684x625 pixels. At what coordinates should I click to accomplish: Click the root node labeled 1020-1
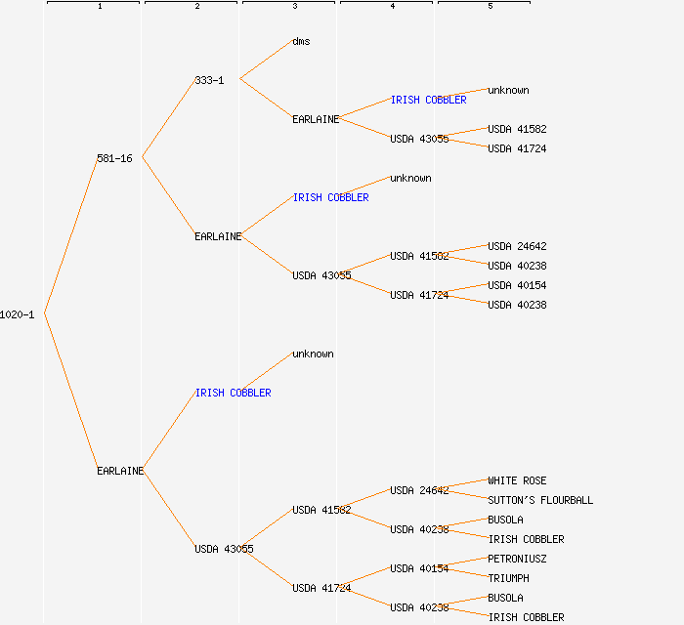click(18, 314)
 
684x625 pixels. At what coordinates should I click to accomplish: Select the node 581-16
click(114, 158)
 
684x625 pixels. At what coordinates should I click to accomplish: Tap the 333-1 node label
click(209, 80)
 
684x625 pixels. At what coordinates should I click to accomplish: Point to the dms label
click(301, 41)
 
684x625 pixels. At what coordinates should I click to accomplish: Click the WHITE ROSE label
click(517, 480)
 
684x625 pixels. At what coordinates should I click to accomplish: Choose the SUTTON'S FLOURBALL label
click(540, 500)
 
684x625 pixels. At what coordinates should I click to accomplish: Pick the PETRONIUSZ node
click(517, 559)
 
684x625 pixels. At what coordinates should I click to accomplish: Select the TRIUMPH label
click(508, 578)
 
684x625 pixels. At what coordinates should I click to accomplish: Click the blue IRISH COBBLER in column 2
click(233, 393)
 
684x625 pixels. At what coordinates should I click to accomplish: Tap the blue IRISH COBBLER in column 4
click(428, 100)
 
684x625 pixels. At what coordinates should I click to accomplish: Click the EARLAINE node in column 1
click(120, 471)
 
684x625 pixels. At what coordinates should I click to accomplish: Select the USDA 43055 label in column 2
click(224, 549)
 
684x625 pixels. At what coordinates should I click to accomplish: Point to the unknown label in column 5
click(508, 90)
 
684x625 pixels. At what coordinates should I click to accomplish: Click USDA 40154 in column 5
click(517, 285)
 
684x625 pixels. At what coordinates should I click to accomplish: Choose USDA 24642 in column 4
click(419, 490)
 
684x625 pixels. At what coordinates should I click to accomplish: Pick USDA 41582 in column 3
click(321, 510)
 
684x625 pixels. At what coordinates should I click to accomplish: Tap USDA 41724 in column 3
click(321, 588)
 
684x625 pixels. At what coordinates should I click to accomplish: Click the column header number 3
click(295, 7)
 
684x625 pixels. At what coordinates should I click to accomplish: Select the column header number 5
click(491, 7)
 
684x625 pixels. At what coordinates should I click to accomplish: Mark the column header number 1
click(100, 7)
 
